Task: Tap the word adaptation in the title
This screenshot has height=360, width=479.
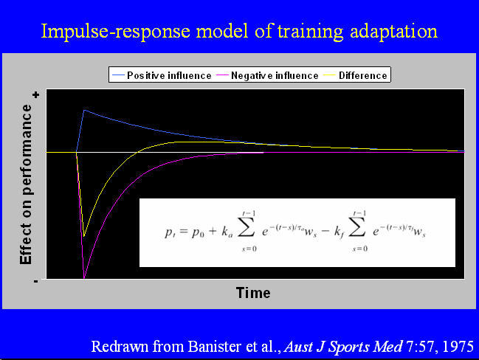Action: tap(393, 32)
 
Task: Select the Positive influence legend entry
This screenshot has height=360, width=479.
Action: tap(162, 75)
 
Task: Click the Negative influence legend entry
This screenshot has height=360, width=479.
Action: tap(267, 75)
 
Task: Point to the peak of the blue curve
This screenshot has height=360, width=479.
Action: tap(84, 110)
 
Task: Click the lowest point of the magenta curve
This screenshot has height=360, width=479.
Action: tap(84, 278)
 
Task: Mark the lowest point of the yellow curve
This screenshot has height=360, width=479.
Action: tap(84, 236)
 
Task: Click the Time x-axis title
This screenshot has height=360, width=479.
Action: tap(253, 293)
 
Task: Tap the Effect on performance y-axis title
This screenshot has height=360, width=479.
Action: tap(26, 184)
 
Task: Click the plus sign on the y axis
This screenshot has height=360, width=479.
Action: tap(36, 95)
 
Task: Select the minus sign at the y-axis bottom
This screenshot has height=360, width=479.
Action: tap(35, 281)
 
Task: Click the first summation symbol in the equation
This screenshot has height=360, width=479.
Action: tap(247, 229)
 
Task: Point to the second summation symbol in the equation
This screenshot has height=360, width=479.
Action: tap(356, 229)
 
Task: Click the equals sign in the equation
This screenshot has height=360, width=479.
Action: tap(184, 232)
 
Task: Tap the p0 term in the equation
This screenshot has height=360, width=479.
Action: tap(198, 232)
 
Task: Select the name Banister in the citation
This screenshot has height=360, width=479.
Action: tap(214, 347)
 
